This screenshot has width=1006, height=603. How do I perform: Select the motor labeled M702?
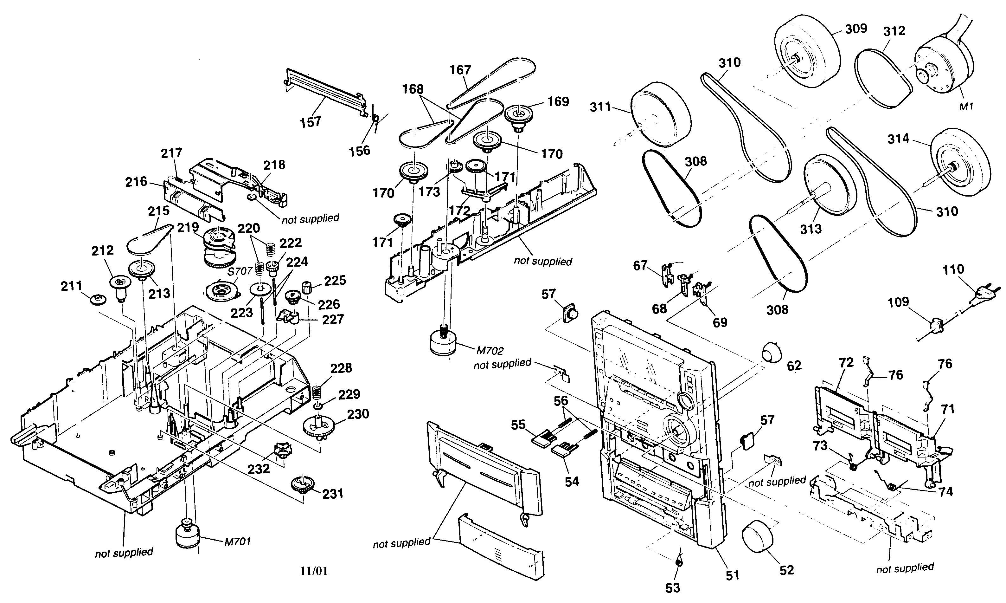point(443,344)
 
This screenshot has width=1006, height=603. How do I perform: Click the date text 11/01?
point(314,571)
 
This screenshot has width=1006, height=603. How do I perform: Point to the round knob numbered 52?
point(758,536)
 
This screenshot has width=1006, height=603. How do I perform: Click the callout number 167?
point(460,70)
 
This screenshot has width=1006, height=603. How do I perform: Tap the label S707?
point(240,271)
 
